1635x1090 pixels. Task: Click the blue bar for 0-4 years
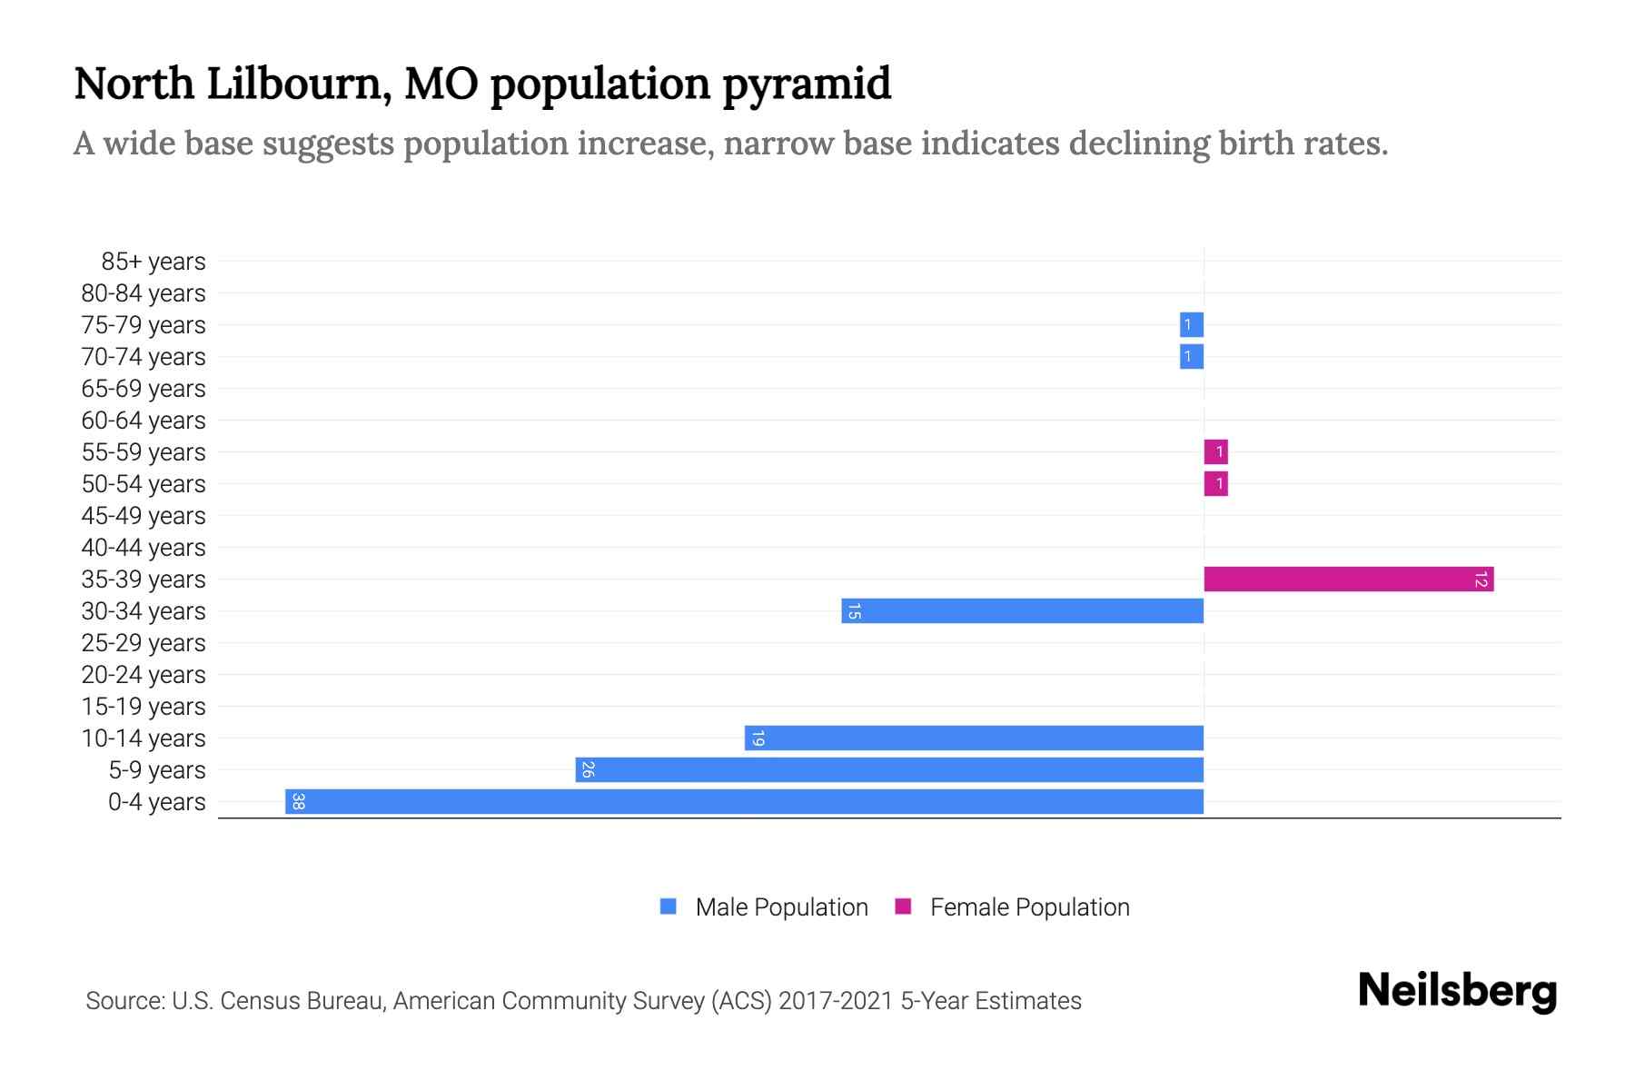[x=745, y=801]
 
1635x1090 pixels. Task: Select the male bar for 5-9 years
[x=890, y=769]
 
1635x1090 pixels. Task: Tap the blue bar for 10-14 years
[x=974, y=738]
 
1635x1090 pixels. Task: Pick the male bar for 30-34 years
[x=1023, y=610]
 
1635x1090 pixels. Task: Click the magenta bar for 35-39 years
[x=1349, y=579]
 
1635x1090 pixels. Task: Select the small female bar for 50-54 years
[x=1215, y=483]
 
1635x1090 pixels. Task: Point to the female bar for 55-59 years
[x=1215, y=451]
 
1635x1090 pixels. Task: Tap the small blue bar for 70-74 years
[x=1191, y=356]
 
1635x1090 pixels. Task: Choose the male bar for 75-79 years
[x=1191, y=324]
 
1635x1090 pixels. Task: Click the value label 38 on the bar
[x=298, y=801]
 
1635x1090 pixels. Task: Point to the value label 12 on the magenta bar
[x=1481, y=579]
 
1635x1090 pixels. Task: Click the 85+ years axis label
[x=154, y=262]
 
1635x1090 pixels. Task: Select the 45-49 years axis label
[x=144, y=516]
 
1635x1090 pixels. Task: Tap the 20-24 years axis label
[x=144, y=675]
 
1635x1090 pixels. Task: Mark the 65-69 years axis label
[x=144, y=389]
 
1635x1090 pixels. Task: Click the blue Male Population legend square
[x=669, y=907]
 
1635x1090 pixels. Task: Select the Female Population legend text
[x=1029, y=907]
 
